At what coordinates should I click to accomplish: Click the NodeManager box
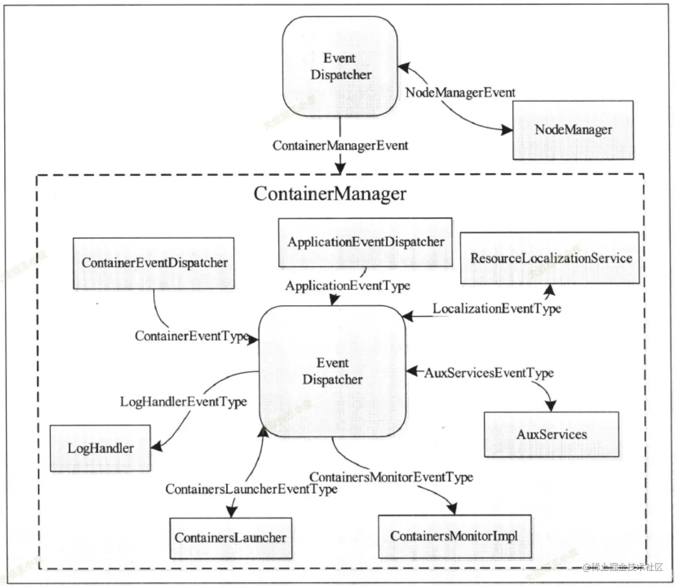(573, 130)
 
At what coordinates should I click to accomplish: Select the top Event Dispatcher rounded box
(340, 66)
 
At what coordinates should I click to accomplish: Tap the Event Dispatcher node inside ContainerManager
(332, 371)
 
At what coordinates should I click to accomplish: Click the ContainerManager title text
(330, 194)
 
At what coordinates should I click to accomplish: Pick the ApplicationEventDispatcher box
(366, 242)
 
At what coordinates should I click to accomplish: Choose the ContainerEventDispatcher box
(154, 263)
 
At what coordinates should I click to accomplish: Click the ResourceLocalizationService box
(550, 258)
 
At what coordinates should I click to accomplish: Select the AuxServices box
(551, 434)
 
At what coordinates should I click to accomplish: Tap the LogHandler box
(100, 448)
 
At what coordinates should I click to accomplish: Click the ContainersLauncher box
(231, 538)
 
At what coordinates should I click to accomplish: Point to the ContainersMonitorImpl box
(454, 536)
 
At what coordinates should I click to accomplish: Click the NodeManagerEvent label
(460, 93)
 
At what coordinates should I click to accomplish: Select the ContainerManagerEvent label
(340, 145)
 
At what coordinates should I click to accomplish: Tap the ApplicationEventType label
(348, 286)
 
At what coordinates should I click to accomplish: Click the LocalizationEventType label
(497, 309)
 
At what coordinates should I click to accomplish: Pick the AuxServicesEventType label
(489, 373)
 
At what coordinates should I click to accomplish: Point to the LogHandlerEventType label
(183, 402)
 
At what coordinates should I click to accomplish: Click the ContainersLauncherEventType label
(251, 489)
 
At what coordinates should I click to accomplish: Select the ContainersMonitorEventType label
(391, 477)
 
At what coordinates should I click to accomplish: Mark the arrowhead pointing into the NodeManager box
(507, 130)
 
